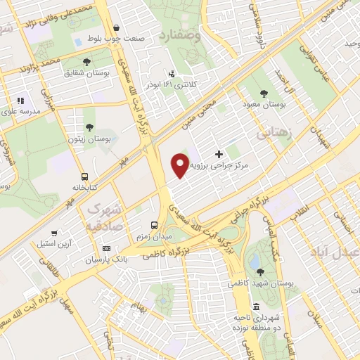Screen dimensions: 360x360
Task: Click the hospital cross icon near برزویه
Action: [x=219, y=154]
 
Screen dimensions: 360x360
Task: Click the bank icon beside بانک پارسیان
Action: [x=106, y=248]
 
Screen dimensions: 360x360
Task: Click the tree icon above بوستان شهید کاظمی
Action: [x=259, y=271]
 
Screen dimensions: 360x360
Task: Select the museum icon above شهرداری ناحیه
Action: [x=256, y=307]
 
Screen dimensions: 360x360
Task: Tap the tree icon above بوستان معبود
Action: [x=264, y=93]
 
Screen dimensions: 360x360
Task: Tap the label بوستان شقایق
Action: [x=85, y=72]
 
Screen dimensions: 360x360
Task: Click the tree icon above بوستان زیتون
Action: [x=89, y=127]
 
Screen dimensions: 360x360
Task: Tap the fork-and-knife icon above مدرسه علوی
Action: [x=20, y=101]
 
